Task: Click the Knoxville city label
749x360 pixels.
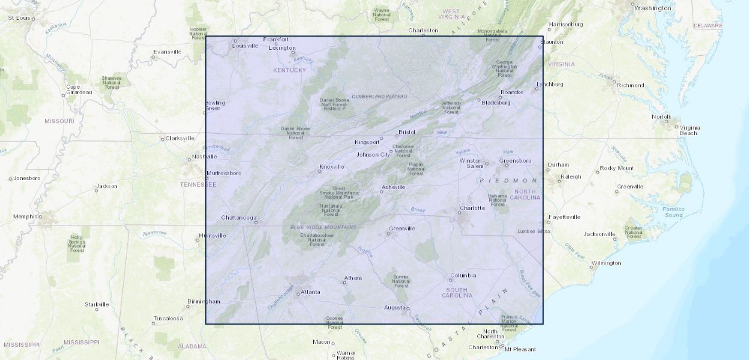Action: pyautogui.click(x=332, y=167)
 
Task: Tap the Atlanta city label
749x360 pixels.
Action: pyautogui.click(x=310, y=292)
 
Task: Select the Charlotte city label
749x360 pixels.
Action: pyautogui.click(x=472, y=208)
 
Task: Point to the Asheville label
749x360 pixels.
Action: pyautogui.click(x=393, y=187)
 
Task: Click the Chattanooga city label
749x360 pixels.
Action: pyautogui.click(x=239, y=217)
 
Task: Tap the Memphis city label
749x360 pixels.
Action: pyautogui.click(x=26, y=217)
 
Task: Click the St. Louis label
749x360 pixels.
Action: pyautogui.click(x=19, y=18)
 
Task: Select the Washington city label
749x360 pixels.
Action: pyautogui.click(x=652, y=8)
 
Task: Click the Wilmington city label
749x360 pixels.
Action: pyautogui.click(x=606, y=263)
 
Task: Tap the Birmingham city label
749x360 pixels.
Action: pyautogui.click(x=203, y=301)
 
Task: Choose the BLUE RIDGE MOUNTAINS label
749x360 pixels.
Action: pyautogui.click(x=323, y=227)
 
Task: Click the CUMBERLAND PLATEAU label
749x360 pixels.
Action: pyautogui.click(x=379, y=96)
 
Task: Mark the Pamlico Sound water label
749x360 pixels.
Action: pyautogui.click(x=673, y=212)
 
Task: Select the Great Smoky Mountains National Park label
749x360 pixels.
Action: pyautogui.click(x=338, y=193)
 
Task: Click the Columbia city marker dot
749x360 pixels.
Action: pyautogui.click(x=451, y=280)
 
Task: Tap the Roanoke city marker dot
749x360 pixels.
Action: pyautogui.click(x=500, y=97)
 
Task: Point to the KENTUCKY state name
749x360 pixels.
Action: pyautogui.click(x=289, y=70)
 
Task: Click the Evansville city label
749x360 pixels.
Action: pyautogui.click(x=167, y=52)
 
